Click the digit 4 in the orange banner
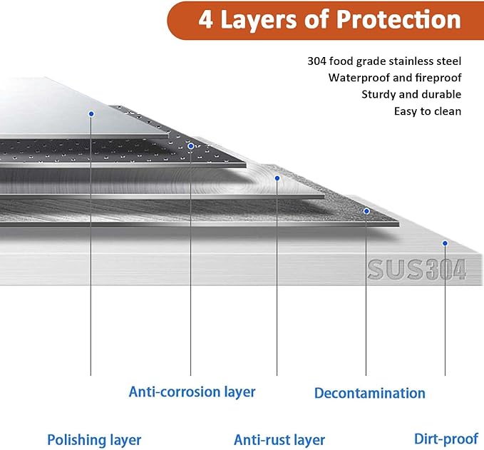(205, 19)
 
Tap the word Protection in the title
(398, 19)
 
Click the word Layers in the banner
(259, 21)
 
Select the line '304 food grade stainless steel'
(384, 61)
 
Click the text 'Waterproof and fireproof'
(395, 78)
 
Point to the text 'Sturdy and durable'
(411, 94)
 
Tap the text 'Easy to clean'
(428, 111)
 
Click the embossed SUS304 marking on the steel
(417, 270)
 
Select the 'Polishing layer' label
(94, 440)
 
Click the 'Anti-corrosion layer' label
(192, 392)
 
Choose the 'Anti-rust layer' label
(279, 440)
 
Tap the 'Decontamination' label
(370, 393)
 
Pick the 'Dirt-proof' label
(446, 439)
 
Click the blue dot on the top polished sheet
(91, 114)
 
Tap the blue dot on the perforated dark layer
(191, 146)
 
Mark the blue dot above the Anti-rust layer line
(277, 178)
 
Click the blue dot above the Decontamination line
(366, 211)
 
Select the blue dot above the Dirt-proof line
(445, 243)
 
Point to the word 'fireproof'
(438, 78)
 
